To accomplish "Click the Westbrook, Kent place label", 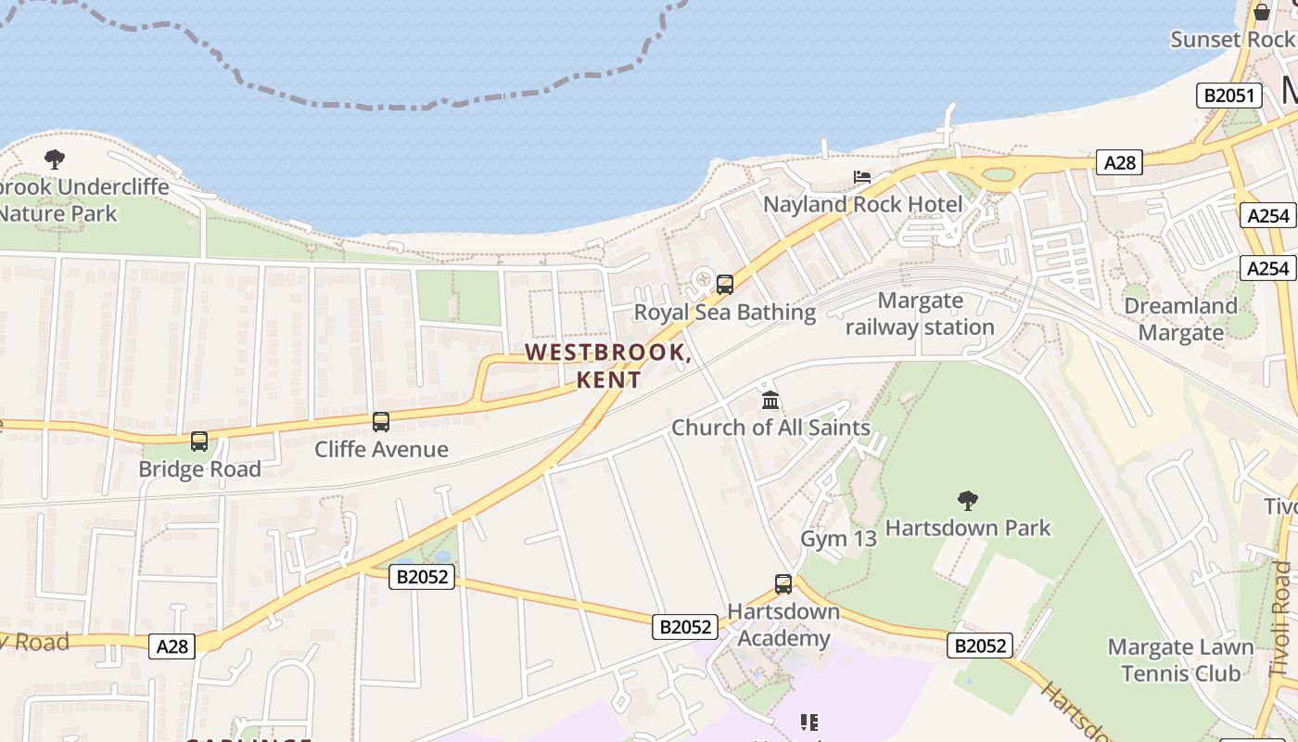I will pyautogui.click(x=608, y=366).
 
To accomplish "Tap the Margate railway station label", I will pyautogui.click(x=920, y=314).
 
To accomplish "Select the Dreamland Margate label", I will pyautogui.click(x=1180, y=319).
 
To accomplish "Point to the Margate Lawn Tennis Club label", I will pyautogui.click(x=1180, y=659).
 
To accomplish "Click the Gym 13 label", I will pyautogui.click(x=838, y=539).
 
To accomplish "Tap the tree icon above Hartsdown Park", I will pyautogui.click(x=968, y=501).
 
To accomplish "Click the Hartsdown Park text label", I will pyautogui.click(x=968, y=528).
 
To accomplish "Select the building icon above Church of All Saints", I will pyautogui.click(x=770, y=401).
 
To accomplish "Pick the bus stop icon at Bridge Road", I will pyautogui.click(x=199, y=441).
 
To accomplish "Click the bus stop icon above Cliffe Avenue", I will pyautogui.click(x=381, y=422).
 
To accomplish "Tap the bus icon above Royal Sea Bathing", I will pyautogui.click(x=725, y=285).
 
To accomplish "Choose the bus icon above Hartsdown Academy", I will pyautogui.click(x=783, y=584).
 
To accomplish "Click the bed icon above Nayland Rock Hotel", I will pyautogui.click(x=862, y=176).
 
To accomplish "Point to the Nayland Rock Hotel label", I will pyautogui.click(x=863, y=204).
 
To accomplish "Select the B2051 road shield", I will pyautogui.click(x=1229, y=96).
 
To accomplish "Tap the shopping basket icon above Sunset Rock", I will pyautogui.click(x=1262, y=12).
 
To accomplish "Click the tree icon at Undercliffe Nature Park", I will pyautogui.click(x=55, y=160).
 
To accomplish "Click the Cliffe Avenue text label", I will pyautogui.click(x=381, y=449).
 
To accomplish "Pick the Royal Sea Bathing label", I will pyautogui.click(x=724, y=313).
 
